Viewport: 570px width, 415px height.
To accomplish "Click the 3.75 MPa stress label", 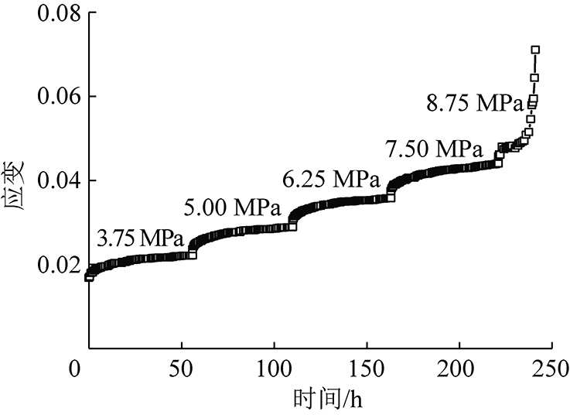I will (139, 238).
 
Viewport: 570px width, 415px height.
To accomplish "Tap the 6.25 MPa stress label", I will (329, 179).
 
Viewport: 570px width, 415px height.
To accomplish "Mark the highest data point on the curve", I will (535, 50).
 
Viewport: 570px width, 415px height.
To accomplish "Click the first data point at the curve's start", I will (89, 276).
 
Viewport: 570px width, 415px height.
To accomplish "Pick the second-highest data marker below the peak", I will (534, 77).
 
